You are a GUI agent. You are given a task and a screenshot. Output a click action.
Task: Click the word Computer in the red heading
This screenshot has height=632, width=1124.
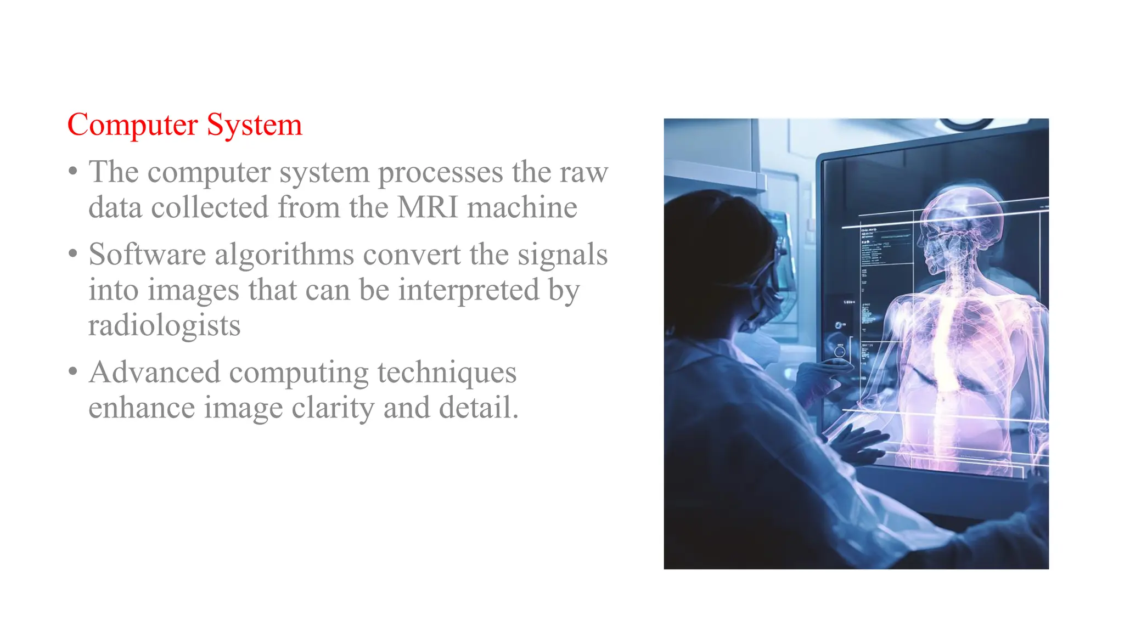point(132,125)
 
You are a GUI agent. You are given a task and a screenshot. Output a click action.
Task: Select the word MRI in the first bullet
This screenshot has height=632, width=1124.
point(428,207)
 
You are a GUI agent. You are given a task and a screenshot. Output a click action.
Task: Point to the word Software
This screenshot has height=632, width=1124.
point(147,255)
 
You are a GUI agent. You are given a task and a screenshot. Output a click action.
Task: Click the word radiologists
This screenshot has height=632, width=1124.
point(165,326)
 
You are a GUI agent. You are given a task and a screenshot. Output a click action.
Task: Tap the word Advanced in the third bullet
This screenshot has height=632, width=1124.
point(154,373)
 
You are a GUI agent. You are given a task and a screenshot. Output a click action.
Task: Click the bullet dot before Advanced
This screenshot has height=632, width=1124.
point(73,372)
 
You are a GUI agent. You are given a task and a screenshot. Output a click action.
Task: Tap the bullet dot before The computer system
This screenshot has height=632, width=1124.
point(73,172)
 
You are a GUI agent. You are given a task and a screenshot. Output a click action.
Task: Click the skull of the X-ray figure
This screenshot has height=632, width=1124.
point(960,219)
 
